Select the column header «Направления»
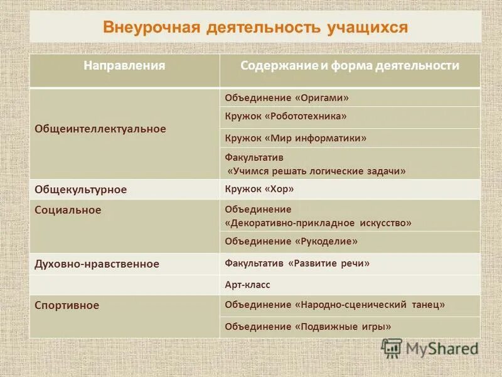tap(125, 66)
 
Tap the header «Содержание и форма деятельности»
tap(350, 66)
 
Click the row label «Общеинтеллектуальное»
tap(100, 129)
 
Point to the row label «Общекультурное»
tap(80, 189)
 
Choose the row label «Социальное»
tap(68, 210)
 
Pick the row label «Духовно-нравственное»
tap(97, 265)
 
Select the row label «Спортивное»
tap(67, 305)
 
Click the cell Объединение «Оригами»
tap(287, 98)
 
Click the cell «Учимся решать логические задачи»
tap(316, 170)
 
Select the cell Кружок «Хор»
tap(259, 188)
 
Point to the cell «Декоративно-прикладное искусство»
tap(318, 222)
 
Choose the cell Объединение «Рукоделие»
tap(291, 241)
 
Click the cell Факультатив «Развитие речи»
tap(297, 263)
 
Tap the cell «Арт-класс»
tap(247, 285)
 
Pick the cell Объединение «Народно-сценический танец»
tap(334, 305)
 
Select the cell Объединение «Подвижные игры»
tap(307, 327)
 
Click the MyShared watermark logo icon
tap(392, 347)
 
